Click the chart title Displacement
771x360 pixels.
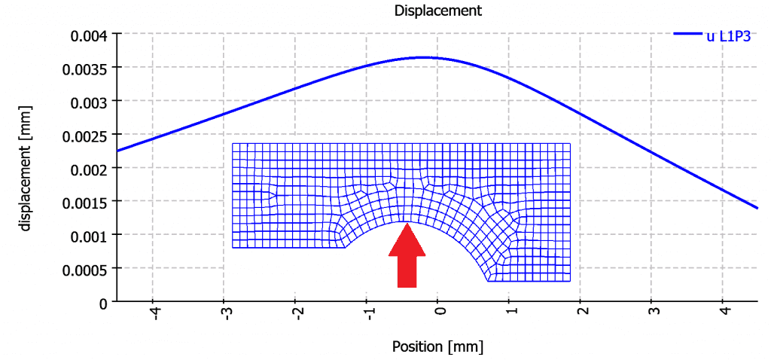[x=437, y=11]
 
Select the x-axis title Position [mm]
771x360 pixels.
[x=437, y=347]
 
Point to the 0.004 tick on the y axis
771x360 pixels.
[x=89, y=35]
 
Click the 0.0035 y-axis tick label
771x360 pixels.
[x=85, y=68]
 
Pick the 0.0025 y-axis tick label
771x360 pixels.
[x=85, y=135]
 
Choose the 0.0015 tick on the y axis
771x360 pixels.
[x=85, y=201]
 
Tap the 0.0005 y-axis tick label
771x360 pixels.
[x=85, y=268]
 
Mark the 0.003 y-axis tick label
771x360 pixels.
[x=89, y=101]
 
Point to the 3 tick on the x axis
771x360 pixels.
[x=653, y=310]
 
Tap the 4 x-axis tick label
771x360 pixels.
[x=724, y=310]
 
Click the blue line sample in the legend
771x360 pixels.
[x=687, y=34]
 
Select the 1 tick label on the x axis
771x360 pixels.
[x=510, y=310]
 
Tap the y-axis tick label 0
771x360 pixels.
[x=102, y=302]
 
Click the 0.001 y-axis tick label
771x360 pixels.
[x=89, y=235]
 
